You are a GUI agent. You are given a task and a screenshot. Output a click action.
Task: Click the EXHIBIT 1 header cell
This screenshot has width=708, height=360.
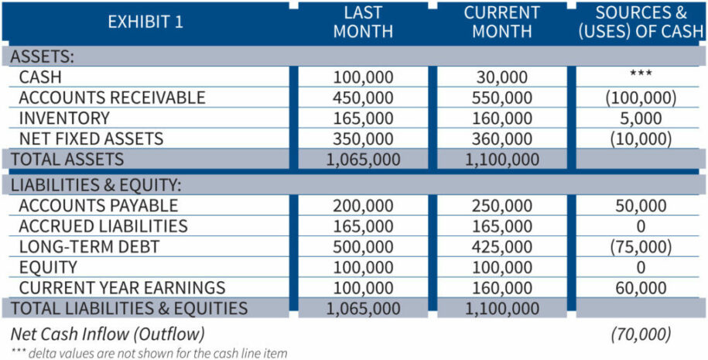tap(145, 22)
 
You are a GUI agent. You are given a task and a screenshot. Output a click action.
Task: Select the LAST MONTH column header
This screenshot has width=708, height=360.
tap(363, 22)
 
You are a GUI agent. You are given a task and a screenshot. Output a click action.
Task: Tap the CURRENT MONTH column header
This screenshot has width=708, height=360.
tap(501, 22)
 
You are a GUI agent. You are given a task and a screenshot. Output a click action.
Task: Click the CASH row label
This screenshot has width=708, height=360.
tap(40, 77)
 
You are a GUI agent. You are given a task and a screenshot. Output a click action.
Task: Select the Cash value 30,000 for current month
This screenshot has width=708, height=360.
tap(502, 77)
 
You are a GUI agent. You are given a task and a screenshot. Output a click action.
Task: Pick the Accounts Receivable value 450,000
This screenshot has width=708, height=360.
tap(363, 98)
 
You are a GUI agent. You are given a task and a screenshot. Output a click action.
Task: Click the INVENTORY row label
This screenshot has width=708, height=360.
tap(64, 118)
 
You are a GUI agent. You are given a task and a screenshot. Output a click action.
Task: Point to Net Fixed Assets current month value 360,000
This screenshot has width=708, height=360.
tap(502, 139)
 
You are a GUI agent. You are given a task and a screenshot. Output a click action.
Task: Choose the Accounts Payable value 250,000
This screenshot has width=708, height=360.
tap(502, 206)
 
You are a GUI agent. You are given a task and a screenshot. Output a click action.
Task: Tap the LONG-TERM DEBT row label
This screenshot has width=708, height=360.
tap(89, 247)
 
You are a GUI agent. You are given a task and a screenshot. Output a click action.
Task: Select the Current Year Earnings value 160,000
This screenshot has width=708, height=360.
tap(502, 288)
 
